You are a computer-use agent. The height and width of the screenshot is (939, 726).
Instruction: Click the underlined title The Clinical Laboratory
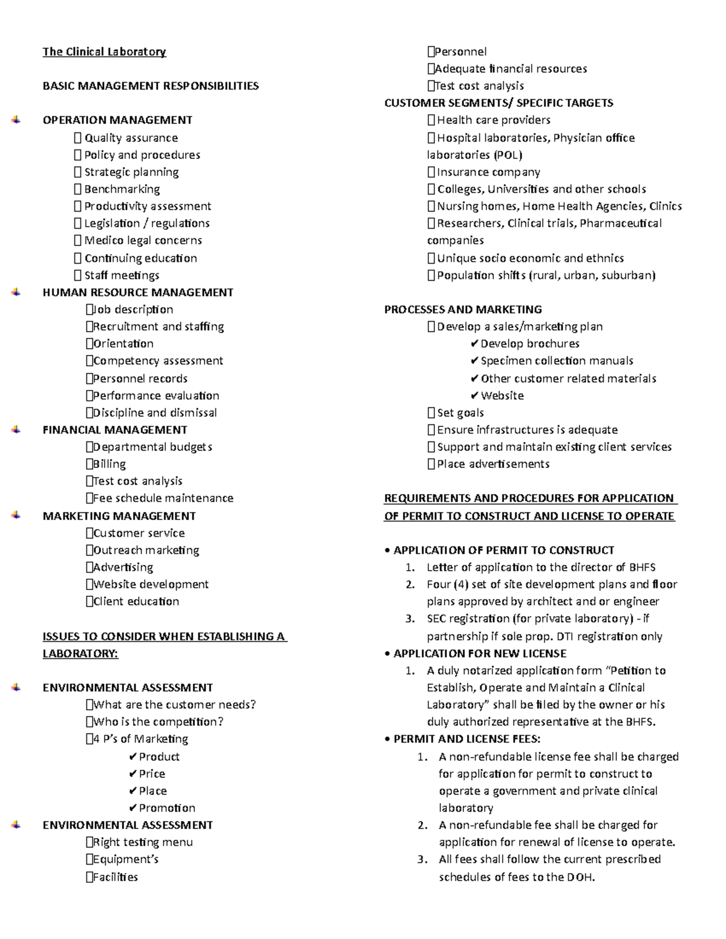[104, 52]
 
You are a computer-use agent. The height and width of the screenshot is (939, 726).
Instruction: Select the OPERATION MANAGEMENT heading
[117, 120]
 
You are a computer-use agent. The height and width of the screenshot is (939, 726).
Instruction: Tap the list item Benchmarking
[122, 189]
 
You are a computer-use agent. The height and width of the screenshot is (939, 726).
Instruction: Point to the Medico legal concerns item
[143, 241]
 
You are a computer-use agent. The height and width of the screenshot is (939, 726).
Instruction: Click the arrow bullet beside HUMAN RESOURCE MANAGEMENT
[16, 293]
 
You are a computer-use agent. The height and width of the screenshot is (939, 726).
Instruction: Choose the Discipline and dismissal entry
[154, 413]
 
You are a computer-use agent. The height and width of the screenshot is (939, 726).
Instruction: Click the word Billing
[109, 464]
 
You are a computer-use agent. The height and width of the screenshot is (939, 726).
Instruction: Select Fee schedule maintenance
[163, 498]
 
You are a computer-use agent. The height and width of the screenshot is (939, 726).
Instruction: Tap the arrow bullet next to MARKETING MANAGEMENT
[16, 516]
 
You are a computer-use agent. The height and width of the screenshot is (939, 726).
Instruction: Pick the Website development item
[151, 585]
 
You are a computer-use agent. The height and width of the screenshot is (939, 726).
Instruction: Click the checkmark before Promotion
[133, 808]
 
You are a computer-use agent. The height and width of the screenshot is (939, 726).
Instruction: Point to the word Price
[152, 774]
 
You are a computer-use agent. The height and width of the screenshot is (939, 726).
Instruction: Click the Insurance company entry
[488, 172]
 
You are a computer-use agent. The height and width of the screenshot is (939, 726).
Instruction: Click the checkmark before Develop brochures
[474, 344]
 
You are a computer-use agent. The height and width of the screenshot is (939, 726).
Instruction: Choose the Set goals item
[460, 413]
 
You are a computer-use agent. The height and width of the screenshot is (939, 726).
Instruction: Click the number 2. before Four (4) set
[410, 585]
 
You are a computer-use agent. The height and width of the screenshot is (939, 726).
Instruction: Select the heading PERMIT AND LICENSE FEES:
[466, 739]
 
